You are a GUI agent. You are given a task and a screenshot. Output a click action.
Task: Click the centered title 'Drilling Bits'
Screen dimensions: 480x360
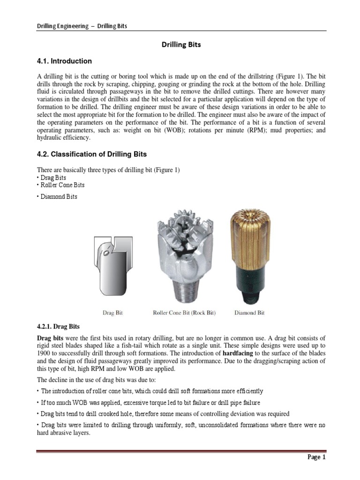pyautogui.click(x=181, y=45)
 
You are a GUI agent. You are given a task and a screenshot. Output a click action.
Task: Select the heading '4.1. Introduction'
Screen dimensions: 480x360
pyautogui.click(x=64, y=61)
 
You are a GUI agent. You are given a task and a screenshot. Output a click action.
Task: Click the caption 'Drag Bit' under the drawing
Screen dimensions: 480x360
pyautogui.click(x=112, y=313)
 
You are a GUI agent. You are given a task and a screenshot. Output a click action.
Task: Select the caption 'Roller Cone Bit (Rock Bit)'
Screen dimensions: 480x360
pyautogui.click(x=184, y=313)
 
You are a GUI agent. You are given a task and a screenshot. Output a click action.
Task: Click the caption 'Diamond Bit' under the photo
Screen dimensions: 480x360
pyautogui.click(x=249, y=313)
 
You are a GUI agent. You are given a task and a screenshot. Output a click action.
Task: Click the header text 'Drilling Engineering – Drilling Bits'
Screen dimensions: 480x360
pyautogui.click(x=82, y=26)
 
